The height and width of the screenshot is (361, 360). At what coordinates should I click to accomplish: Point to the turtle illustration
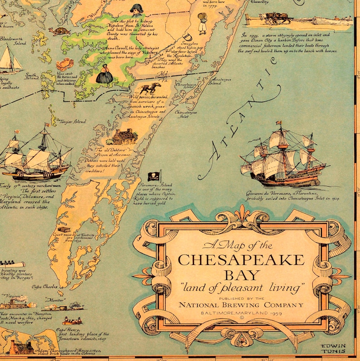(58, 31)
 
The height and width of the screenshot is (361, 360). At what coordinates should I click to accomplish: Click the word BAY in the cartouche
(241, 275)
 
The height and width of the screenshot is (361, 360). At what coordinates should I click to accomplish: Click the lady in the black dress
(105, 74)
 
